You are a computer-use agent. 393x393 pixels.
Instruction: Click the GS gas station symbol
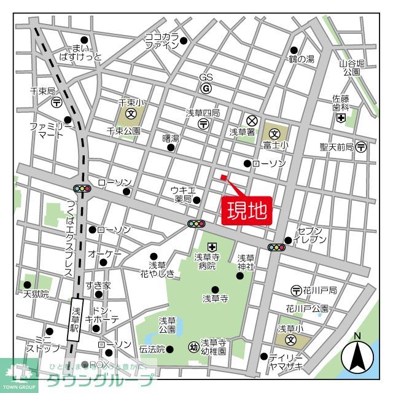[206, 88]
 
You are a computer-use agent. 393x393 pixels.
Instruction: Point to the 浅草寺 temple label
[215, 298]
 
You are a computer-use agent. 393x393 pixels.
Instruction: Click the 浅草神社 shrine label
[246, 262]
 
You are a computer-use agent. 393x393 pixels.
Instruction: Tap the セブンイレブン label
[311, 235]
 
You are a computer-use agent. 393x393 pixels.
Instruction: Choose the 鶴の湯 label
[302, 59]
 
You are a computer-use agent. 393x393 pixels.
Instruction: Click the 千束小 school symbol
[131, 114]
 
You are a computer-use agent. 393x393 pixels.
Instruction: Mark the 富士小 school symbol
[274, 132]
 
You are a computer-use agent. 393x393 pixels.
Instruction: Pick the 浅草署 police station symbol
[251, 120]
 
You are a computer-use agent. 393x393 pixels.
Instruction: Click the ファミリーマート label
[51, 130]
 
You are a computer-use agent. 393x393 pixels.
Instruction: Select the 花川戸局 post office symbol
[296, 290]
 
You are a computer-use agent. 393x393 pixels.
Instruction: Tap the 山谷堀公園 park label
[352, 68]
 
